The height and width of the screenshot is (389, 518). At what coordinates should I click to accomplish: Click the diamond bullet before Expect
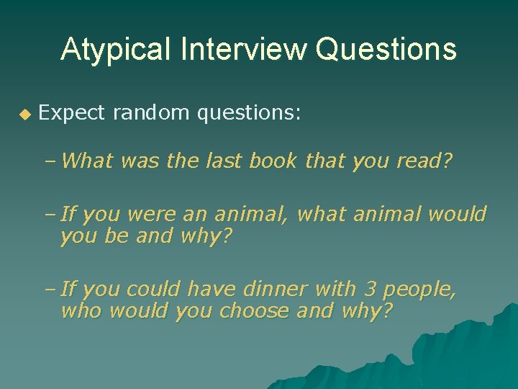click(x=24, y=114)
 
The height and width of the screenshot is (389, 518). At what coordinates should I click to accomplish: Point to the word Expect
click(x=71, y=113)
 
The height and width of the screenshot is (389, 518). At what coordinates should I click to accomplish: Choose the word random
click(x=148, y=112)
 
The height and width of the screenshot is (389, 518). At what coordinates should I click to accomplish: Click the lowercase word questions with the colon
click(x=245, y=113)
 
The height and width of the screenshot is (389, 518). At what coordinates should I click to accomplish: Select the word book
click(x=273, y=161)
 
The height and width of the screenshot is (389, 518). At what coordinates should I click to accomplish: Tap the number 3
click(x=371, y=290)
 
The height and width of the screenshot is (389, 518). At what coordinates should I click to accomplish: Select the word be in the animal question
click(x=116, y=236)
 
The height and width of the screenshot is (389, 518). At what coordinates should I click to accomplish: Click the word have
click(x=212, y=290)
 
